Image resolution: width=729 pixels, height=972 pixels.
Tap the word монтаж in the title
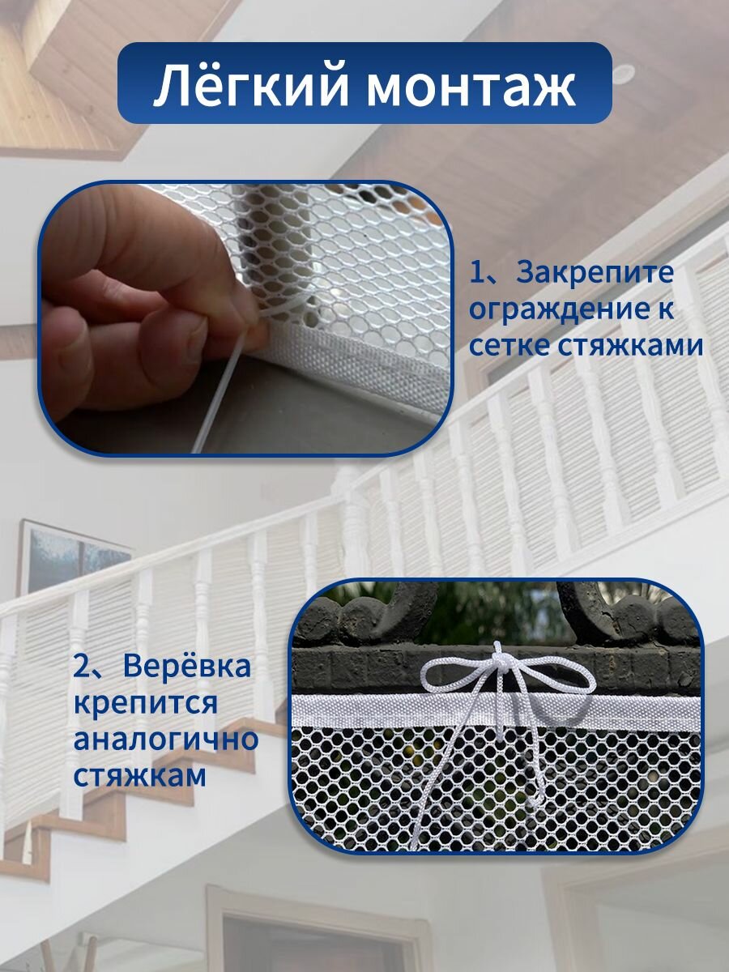point(471,88)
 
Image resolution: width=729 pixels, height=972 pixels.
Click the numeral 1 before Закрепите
point(477,274)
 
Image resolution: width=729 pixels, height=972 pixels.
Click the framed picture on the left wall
point(75,558)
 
